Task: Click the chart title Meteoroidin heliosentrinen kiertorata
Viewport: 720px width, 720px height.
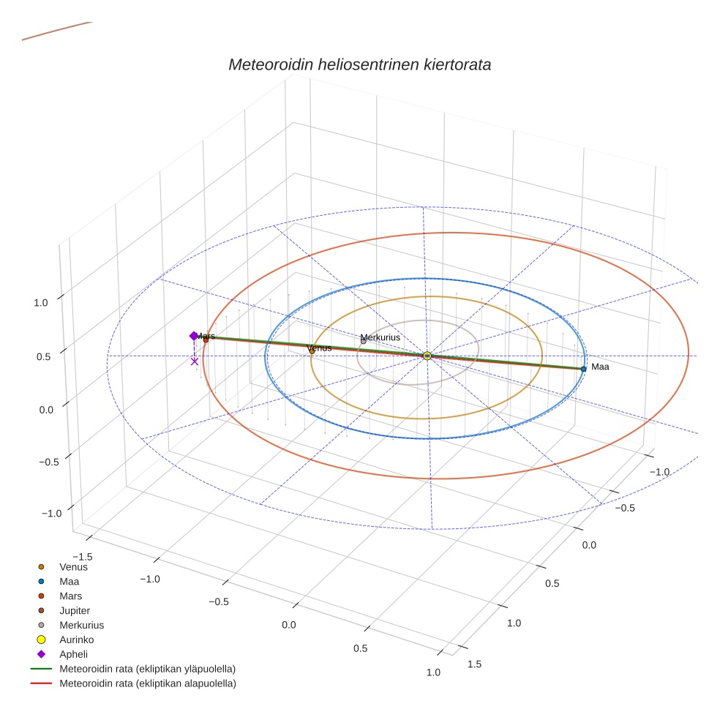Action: [x=359, y=64]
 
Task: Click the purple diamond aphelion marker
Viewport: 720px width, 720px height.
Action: [x=194, y=336]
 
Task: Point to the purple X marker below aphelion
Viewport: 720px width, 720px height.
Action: [x=195, y=361]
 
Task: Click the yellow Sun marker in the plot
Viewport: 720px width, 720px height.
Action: [x=427, y=356]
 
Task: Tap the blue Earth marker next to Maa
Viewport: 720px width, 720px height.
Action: [x=584, y=369]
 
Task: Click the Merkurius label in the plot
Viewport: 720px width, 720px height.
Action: [x=380, y=337]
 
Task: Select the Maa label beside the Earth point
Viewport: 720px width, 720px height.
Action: [x=600, y=367]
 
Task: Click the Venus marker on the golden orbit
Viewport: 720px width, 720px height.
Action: [x=312, y=351]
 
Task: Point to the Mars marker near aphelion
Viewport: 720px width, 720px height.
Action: [x=206, y=340]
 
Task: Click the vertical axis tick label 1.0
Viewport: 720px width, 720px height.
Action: [x=41, y=303]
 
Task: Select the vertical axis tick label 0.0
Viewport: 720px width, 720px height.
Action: [x=46, y=409]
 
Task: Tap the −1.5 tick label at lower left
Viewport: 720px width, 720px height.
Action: [x=83, y=536]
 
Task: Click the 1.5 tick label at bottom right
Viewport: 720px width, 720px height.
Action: [x=475, y=664]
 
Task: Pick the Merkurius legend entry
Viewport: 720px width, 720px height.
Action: [x=81, y=625]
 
